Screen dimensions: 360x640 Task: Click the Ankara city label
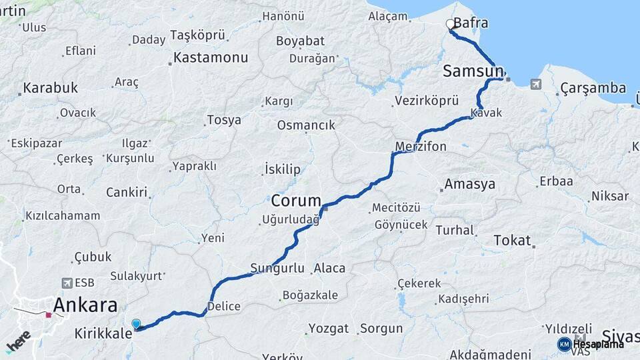pyautogui.click(x=85, y=306)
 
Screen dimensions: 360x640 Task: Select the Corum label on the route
pyautogui.click(x=296, y=200)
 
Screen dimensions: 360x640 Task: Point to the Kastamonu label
pyautogui.click(x=211, y=57)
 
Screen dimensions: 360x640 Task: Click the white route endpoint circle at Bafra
pyautogui.click(x=450, y=25)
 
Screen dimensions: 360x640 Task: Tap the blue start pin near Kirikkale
pyautogui.click(x=137, y=324)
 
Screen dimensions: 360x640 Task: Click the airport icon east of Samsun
pyautogui.click(x=535, y=84)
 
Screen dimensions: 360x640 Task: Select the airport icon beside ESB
pyautogui.click(x=66, y=283)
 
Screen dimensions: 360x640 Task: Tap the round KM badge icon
pyautogui.click(x=564, y=344)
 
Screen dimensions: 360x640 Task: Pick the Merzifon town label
pyautogui.click(x=421, y=145)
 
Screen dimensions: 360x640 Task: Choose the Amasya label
pyautogui.click(x=470, y=184)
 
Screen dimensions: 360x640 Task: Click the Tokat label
pyautogui.click(x=512, y=241)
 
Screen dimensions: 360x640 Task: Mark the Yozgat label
pyautogui.click(x=329, y=328)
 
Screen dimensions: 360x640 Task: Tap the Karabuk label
pyautogui.click(x=50, y=88)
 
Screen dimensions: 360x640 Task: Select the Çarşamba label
pyautogui.click(x=593, y=88)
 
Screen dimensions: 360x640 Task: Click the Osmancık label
pyautogui.click(x=306, y=125)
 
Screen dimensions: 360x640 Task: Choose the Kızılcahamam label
pyautogui.click(x=63, y=216)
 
